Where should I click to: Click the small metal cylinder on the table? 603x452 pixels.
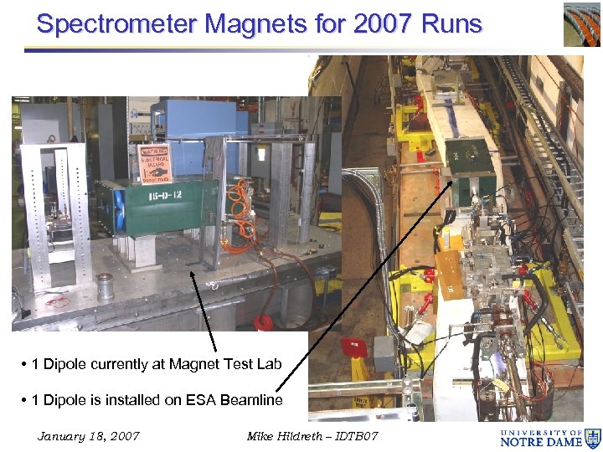[x=106, y=288]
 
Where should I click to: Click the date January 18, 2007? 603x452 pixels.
[x=89, y=436]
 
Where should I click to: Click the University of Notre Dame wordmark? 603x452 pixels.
[x=540, y=437]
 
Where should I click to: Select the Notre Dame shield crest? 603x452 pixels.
[x=592, y=437]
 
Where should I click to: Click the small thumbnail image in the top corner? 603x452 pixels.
[x=581, y=23]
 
